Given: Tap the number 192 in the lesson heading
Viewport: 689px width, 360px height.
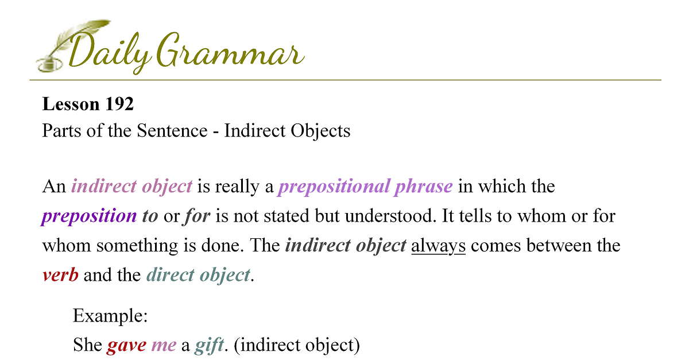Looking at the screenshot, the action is tap(119, 104).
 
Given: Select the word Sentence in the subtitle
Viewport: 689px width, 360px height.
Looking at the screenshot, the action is tap(172, 130).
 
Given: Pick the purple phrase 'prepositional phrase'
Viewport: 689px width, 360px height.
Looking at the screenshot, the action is tap(365, 187).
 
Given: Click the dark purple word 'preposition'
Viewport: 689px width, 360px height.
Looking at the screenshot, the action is tap(89, 216).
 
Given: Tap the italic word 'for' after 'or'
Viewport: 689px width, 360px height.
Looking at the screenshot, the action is tap(197, 215).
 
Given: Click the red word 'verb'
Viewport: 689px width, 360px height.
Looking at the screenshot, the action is tap(61, 275).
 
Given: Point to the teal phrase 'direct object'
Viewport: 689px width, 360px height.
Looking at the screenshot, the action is tap(198, 276).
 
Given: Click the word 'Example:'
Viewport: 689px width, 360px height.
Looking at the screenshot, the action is tap(110, 316).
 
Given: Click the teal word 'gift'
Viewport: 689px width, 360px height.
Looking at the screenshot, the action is tap(209, 345).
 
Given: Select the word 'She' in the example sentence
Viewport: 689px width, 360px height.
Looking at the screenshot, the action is tap(87, 344).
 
